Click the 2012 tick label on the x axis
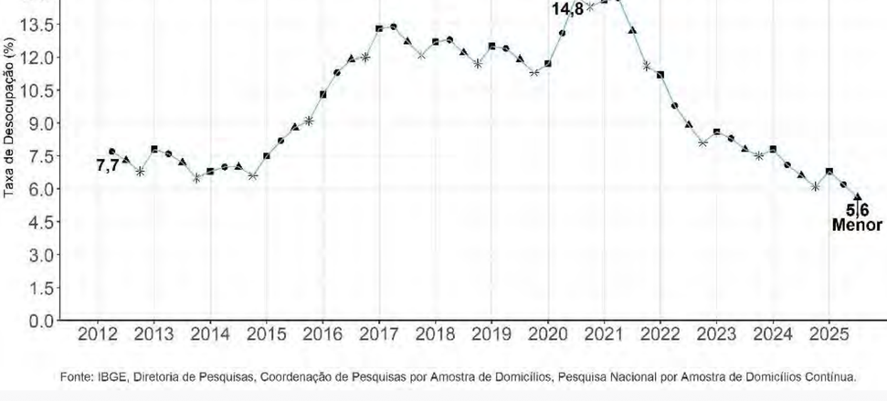97,335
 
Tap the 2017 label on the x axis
378,335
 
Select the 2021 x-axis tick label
603,335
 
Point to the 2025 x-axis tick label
828,335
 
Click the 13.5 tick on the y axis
41,25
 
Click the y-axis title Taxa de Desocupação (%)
9,118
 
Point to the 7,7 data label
107,165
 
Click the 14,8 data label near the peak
566,9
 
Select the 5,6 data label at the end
857,211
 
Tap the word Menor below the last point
857,225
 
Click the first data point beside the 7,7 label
112,152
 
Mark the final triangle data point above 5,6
857,195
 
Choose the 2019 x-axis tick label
491,335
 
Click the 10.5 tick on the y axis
41,90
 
